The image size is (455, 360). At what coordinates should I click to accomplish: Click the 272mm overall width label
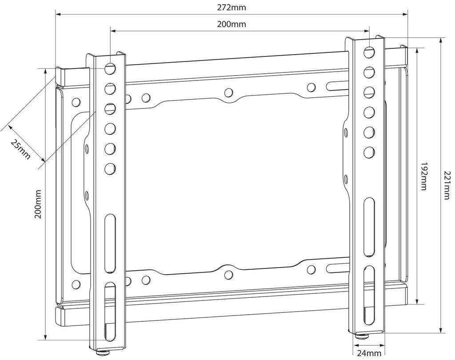click(x=231, y=8)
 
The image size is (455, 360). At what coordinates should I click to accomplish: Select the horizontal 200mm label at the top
click(x=231, y=24)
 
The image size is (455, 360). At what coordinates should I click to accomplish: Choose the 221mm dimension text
click(x=447, y=185)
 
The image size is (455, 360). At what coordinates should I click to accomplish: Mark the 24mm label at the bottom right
click(x=369, y=353)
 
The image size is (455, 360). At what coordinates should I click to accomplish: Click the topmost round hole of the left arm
click(x=110, y=69)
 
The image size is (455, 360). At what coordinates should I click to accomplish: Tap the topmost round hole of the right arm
click(x=369, y=52)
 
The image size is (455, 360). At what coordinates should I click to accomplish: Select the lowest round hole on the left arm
click(x=110, y=168)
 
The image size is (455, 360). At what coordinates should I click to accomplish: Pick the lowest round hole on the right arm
click(x=369, y=152)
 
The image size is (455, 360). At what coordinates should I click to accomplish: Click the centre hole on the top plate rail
click(x=228, y=92)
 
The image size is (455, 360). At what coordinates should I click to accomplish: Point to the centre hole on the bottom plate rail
click(x=228, y=275)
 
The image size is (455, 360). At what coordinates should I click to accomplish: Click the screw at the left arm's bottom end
click(x=103, y=354)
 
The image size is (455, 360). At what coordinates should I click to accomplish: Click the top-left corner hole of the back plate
click(x=76, y=102)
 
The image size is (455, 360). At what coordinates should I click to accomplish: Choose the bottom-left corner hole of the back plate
click(x=76, y=283)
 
